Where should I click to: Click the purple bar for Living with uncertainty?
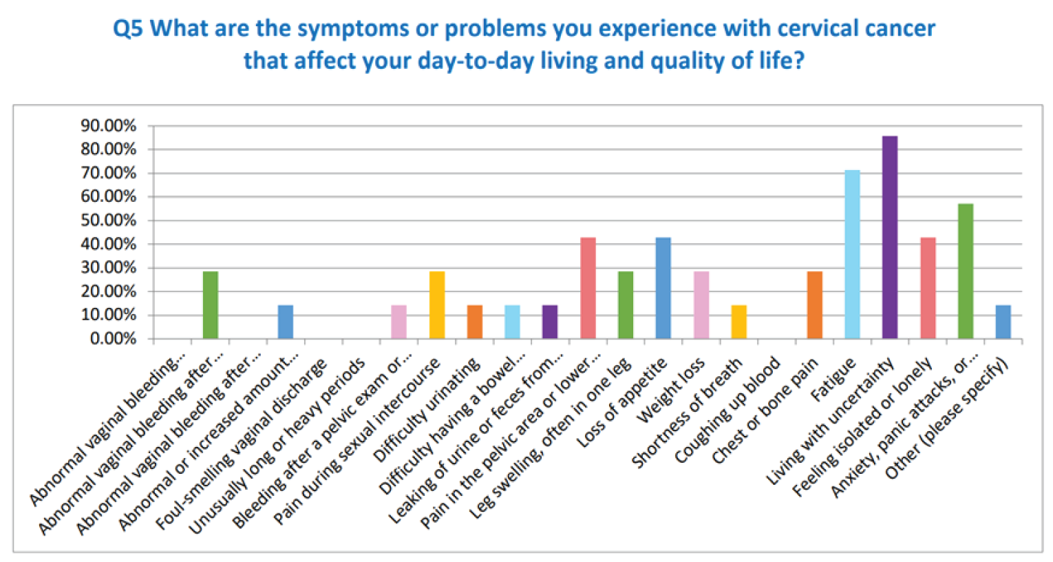point(889,238)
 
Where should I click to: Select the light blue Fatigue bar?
point(852,254)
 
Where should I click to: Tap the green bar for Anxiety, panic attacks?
point(965,271)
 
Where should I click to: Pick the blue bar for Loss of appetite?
point(663,288)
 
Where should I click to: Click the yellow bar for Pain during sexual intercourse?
point(437,305)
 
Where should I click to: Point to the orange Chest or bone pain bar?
point(814,305)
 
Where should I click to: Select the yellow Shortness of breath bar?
point(738,322)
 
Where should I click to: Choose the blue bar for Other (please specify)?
point(1003,322)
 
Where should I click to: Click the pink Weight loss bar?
point(701,305)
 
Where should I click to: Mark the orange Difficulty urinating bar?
point(475,322)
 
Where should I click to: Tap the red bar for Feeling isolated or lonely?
point(928,288)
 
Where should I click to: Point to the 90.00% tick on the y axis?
point(109,126)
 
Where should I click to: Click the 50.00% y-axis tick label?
point(109,220)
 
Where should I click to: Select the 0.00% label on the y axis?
point(113,339)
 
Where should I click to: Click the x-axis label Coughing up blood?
point(728,410)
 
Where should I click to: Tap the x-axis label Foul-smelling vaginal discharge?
point(241,445)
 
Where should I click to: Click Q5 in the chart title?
point(128,29)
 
